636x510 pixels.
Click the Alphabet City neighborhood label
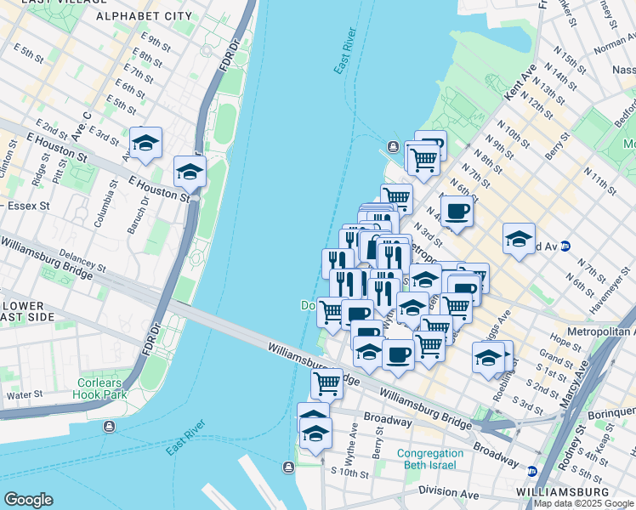coord(145,16)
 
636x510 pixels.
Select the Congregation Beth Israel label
coord(430,459)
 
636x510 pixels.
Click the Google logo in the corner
coord(29,499)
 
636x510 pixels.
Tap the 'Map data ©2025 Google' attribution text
coord(583,503)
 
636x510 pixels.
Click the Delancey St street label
coord(82,261)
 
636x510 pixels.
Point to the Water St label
coord(25,394)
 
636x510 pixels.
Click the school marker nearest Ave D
coord(146,142)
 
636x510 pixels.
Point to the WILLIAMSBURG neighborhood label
coord(563,492)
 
